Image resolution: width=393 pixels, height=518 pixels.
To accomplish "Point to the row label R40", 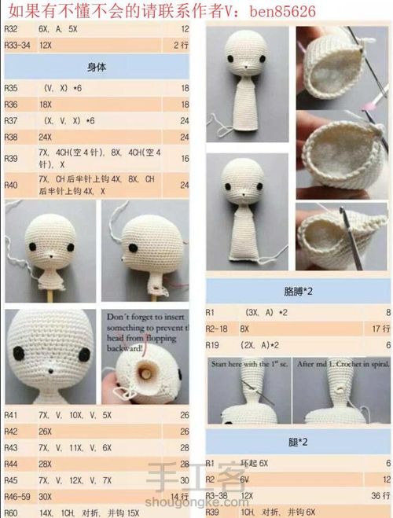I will pyautogui.click(x=11, y=186).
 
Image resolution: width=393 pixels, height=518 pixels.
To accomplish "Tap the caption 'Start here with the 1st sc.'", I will pyautogui.click(x=248, y=365).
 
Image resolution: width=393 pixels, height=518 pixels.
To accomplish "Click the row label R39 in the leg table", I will pyautogui.click(x=212, y=512).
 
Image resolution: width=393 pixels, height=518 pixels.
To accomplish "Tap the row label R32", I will pyautogui.click(x=11, y=29).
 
